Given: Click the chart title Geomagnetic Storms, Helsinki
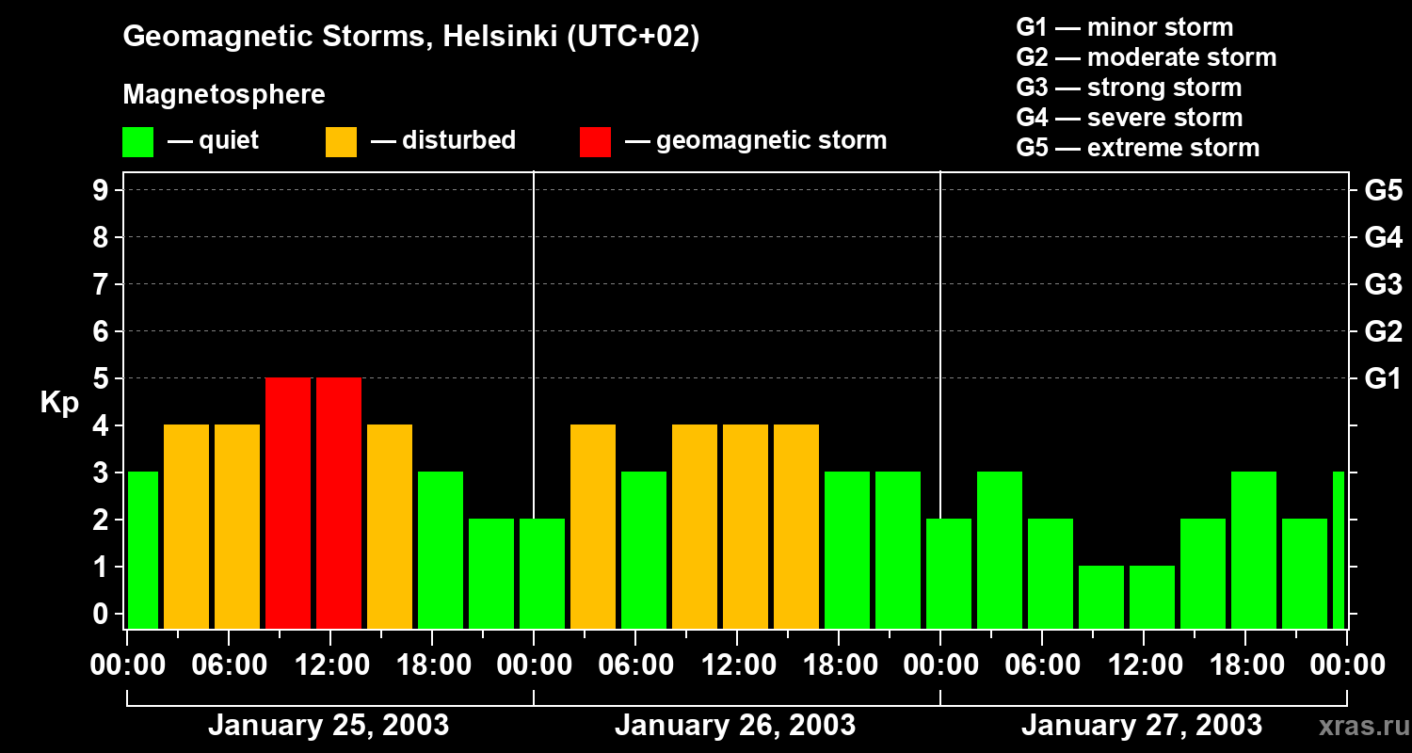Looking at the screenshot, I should (x=411, y=37).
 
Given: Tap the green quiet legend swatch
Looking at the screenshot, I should (x=138, y=142).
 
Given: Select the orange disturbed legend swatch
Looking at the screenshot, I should (x=341, y=142).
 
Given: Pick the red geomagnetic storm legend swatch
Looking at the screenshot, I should (x=595, y=142).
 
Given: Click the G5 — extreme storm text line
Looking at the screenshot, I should (x=1137, y=148).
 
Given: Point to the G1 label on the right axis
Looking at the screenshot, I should (x=1382, y=379).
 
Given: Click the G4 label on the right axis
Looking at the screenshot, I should (x=1382, y=237).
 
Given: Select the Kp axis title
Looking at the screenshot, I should (x=59, y=403).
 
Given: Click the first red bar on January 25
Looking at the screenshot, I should (x=288, y=503).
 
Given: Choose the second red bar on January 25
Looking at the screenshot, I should (x=339, y=503).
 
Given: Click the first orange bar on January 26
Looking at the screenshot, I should (x=593, y=526).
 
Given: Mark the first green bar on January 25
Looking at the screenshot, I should (x=142, y=550).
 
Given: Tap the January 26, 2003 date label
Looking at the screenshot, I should (x=735, y=726).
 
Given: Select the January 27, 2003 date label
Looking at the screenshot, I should (x=1142, y=726).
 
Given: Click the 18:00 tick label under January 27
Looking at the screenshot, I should (x=1244, y=665).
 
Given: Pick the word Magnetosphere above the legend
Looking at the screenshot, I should (x=224, y=95).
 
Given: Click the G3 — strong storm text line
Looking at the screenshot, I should (x=1129, y=88).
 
